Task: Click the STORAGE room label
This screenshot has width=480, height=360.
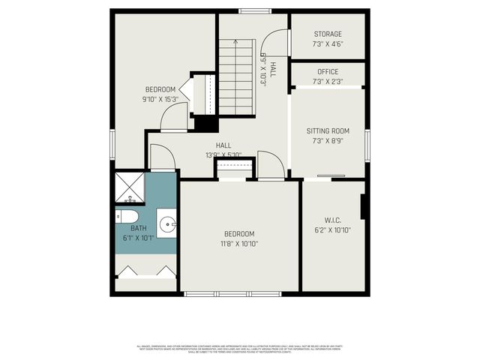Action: point(327,34)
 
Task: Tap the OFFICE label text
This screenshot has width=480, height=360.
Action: point(327,72)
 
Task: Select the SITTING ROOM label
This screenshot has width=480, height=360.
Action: point(328,130)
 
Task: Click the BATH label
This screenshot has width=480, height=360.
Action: point(139,228)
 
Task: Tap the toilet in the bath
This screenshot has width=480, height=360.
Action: point(124,217)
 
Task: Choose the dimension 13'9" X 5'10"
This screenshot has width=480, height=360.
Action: point(223,155)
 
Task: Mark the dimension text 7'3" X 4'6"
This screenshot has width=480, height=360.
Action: point(327,43)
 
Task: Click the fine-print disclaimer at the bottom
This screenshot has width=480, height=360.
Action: point(240,349)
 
